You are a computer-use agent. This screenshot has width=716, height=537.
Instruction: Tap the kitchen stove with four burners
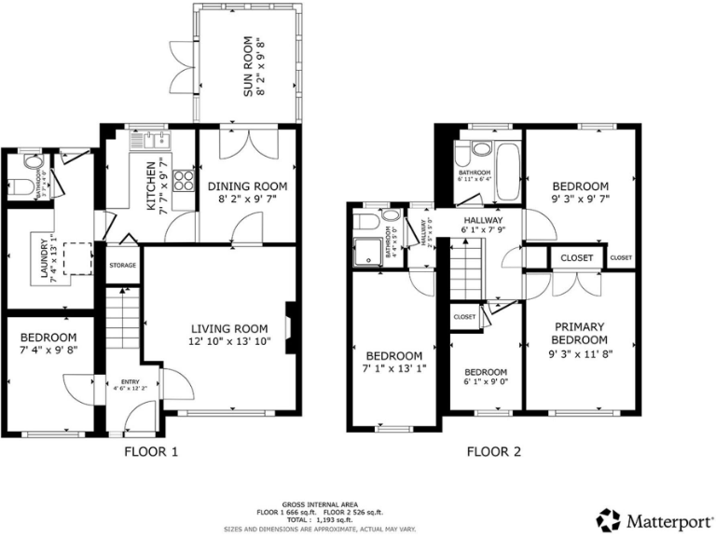[184, 181]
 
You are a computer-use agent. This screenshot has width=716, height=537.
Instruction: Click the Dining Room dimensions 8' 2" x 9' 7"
[241, 199]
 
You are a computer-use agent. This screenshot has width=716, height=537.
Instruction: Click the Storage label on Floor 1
[123, 266]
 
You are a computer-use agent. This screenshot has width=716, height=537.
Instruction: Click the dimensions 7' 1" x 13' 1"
[393, 370]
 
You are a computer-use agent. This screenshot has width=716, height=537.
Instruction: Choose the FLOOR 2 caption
[494, 452]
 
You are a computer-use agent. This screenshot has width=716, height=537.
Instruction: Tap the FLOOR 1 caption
[150, 452]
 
